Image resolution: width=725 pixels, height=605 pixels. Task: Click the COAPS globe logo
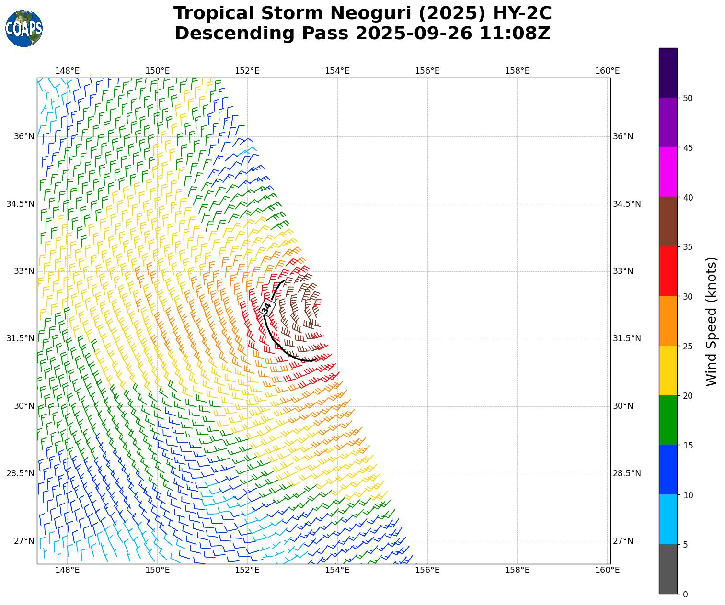[24, 29]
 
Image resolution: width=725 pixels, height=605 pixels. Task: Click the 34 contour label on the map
[267, 307]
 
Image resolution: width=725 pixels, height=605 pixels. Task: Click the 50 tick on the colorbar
[688, 98]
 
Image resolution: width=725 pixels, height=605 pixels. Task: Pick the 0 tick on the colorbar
[685, 594]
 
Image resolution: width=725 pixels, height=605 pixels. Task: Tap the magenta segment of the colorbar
[668, 172]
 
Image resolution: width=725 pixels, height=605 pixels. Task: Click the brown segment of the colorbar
[668, 222]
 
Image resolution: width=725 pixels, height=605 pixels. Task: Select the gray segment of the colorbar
[668, 569]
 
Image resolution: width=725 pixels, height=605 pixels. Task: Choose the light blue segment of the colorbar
[668, 519]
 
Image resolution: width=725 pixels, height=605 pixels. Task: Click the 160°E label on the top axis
[607, 71]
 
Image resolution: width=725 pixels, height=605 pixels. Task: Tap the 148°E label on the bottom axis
[68, 570]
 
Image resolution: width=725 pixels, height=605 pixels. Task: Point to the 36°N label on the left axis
[24, 137]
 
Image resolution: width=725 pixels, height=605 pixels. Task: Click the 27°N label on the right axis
[623, 541]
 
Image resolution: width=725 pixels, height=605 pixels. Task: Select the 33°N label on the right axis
[623, 271]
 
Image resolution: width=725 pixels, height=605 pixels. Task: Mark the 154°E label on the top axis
[337, 71]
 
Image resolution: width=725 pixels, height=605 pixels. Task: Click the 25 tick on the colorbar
[688, 346]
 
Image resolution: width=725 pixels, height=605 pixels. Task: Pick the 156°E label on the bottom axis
[427, 570]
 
